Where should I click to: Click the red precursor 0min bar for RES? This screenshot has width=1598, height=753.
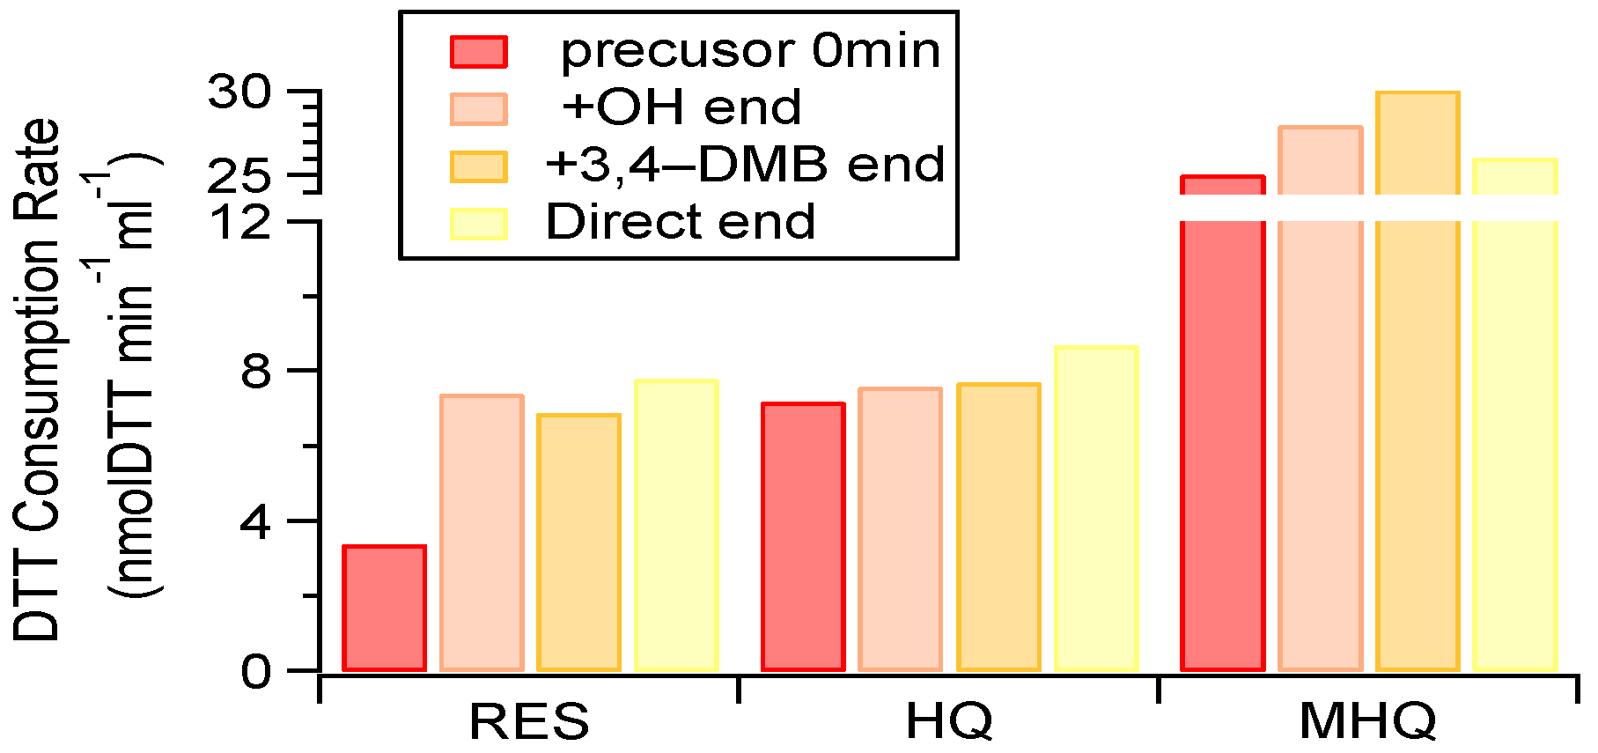point(384,609)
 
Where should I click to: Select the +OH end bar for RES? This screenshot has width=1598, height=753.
point(482,533)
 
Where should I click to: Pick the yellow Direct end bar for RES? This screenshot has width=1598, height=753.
point(676,526)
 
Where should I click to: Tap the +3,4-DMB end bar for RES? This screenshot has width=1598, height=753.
point(578,543)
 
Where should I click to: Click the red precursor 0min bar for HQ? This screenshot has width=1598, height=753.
point(803,537)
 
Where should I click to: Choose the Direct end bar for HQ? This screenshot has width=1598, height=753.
point(1096,508)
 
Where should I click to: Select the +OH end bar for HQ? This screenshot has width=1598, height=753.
point(901,529)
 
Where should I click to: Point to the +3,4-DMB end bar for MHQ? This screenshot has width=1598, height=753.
point(1418,381)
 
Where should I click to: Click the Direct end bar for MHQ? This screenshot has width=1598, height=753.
point(1515,415)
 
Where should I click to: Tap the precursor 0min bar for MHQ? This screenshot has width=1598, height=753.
point(1223,424)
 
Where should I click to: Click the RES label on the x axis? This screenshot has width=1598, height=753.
point(528,722)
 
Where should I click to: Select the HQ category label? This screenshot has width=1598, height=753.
point(948,722)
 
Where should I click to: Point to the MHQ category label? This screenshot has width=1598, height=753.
point(1367,722)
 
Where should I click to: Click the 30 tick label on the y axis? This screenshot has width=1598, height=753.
point(240,92)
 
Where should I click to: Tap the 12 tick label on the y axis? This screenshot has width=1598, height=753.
point(240,221)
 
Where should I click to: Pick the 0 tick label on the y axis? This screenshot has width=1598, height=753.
point(256,672)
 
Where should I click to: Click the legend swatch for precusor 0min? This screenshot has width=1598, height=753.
point(479,52)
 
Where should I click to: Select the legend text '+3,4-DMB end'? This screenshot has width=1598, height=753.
point(745,165)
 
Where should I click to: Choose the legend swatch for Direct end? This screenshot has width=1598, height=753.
point(479,224)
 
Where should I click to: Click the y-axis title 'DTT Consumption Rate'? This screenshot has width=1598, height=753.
point(37,380)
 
